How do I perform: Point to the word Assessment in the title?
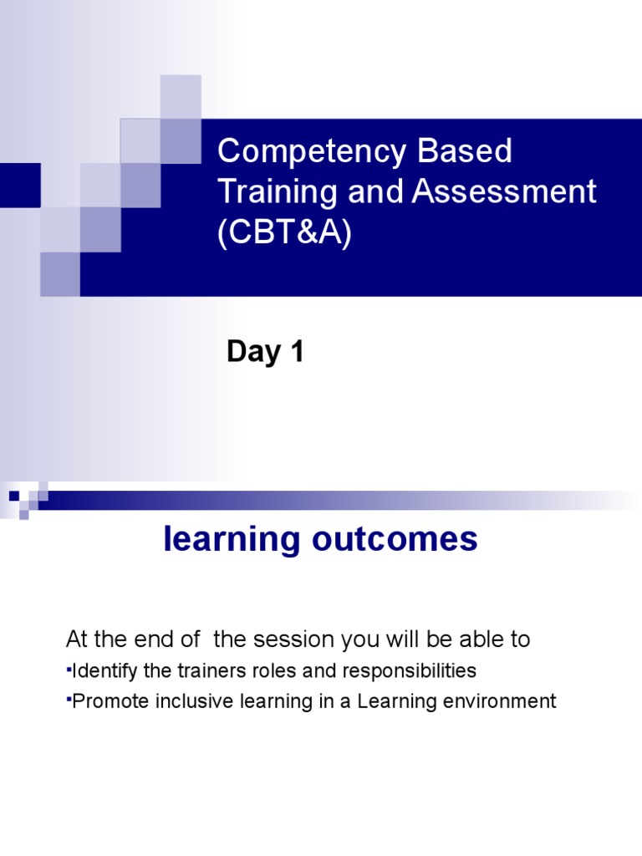(x=504, y=192)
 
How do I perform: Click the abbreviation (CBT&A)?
(x=284, y=233)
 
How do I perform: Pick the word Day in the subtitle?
(x=253, y=352)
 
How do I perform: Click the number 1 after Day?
(x=296, y=352)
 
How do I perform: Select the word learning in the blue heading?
(x=231, y=540)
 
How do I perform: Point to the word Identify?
(x=104, y=671)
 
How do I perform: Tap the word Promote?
(x=106, y=701)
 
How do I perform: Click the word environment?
(x=504, y=701)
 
